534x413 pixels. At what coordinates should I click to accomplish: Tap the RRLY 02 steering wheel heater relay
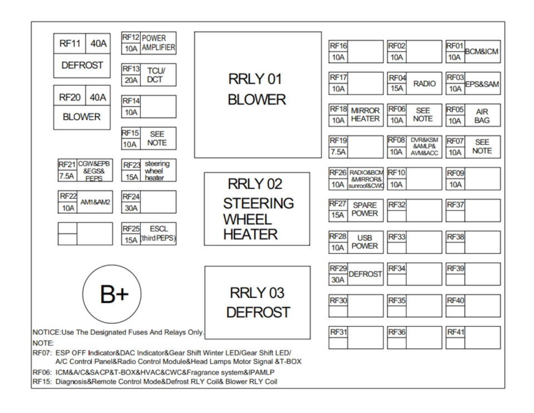pos(257,209)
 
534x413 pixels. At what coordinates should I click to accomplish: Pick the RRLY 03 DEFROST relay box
pos(258,302)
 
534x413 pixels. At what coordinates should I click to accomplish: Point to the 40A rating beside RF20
pos(98,97)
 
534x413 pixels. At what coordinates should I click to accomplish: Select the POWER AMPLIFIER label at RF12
pos(158,43)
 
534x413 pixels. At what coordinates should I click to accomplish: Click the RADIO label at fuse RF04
pos(424,83)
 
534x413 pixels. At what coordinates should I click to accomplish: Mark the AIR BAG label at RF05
pos(482,116)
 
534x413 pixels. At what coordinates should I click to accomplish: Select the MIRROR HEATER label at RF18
pos(365,115)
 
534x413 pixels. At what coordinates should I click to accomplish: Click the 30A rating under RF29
pos(338,280)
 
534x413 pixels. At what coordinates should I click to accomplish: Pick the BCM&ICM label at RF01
pos(482,52)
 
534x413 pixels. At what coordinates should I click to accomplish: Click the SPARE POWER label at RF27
pos(365,209)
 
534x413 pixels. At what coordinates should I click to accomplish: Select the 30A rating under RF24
pos(130,208)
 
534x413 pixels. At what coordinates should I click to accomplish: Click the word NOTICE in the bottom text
pos(46,332)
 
